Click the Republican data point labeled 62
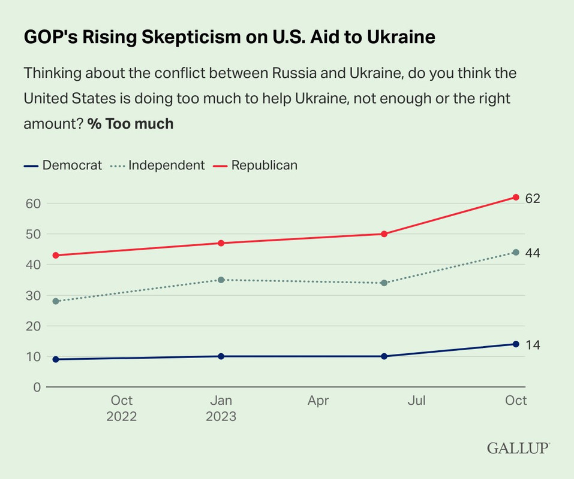(516, 197)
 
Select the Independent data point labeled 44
(516, 252)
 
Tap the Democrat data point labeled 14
(516, 344)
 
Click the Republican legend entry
(256, 165)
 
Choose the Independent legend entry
(158, 165)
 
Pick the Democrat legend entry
(64, 165)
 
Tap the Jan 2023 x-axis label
(221, 408)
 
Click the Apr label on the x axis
(318, 401)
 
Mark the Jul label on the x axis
(416, 401)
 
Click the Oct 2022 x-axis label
(122, 408)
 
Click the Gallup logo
(518, 448)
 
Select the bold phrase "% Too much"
(131, 124)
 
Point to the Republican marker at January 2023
(221, 243)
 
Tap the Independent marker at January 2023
(221, 280)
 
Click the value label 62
(533, 198)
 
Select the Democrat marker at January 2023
(221, 356)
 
